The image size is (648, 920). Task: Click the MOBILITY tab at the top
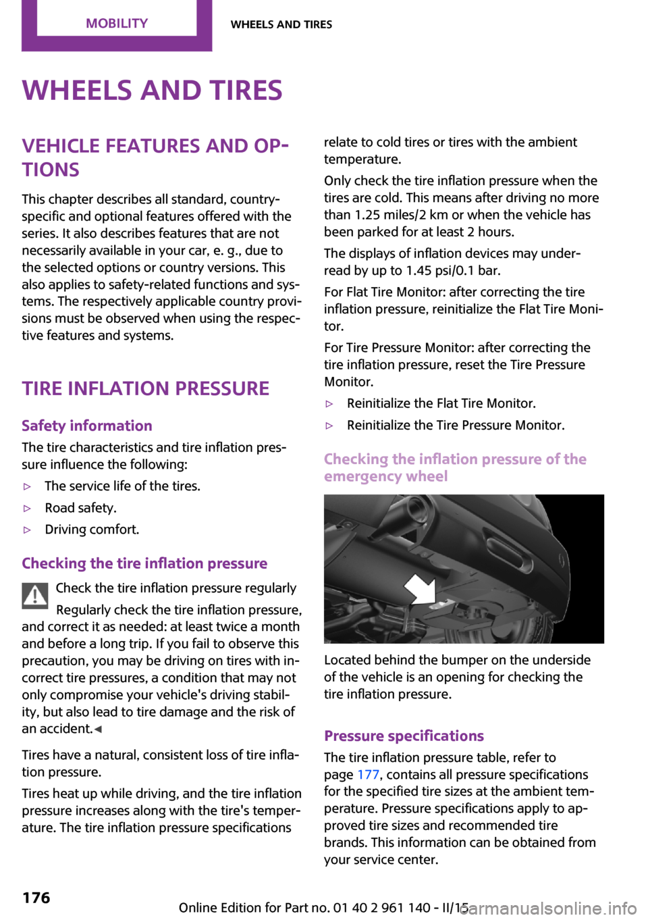[116, 24]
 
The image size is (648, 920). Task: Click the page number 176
[36, 898]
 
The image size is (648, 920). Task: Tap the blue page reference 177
[368, 775]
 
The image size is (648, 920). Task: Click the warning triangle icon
[34, 595]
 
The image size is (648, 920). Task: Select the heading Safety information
[87, 426]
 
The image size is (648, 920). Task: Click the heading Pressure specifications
[404, 736]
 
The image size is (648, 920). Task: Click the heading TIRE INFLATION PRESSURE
[145, 388]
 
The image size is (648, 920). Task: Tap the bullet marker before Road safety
[28, 508]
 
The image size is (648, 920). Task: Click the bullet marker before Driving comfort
[28, 530]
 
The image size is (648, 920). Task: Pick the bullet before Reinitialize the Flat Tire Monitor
[329, 404]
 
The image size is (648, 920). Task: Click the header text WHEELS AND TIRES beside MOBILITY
[281, 24]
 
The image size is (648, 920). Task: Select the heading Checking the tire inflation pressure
[144, 563]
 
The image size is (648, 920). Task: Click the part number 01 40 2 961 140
[381, 908]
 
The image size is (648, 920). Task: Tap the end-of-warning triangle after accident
[98, 730]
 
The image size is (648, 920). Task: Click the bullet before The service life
[28, 486]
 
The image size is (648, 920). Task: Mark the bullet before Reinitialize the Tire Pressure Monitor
[329, 426]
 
